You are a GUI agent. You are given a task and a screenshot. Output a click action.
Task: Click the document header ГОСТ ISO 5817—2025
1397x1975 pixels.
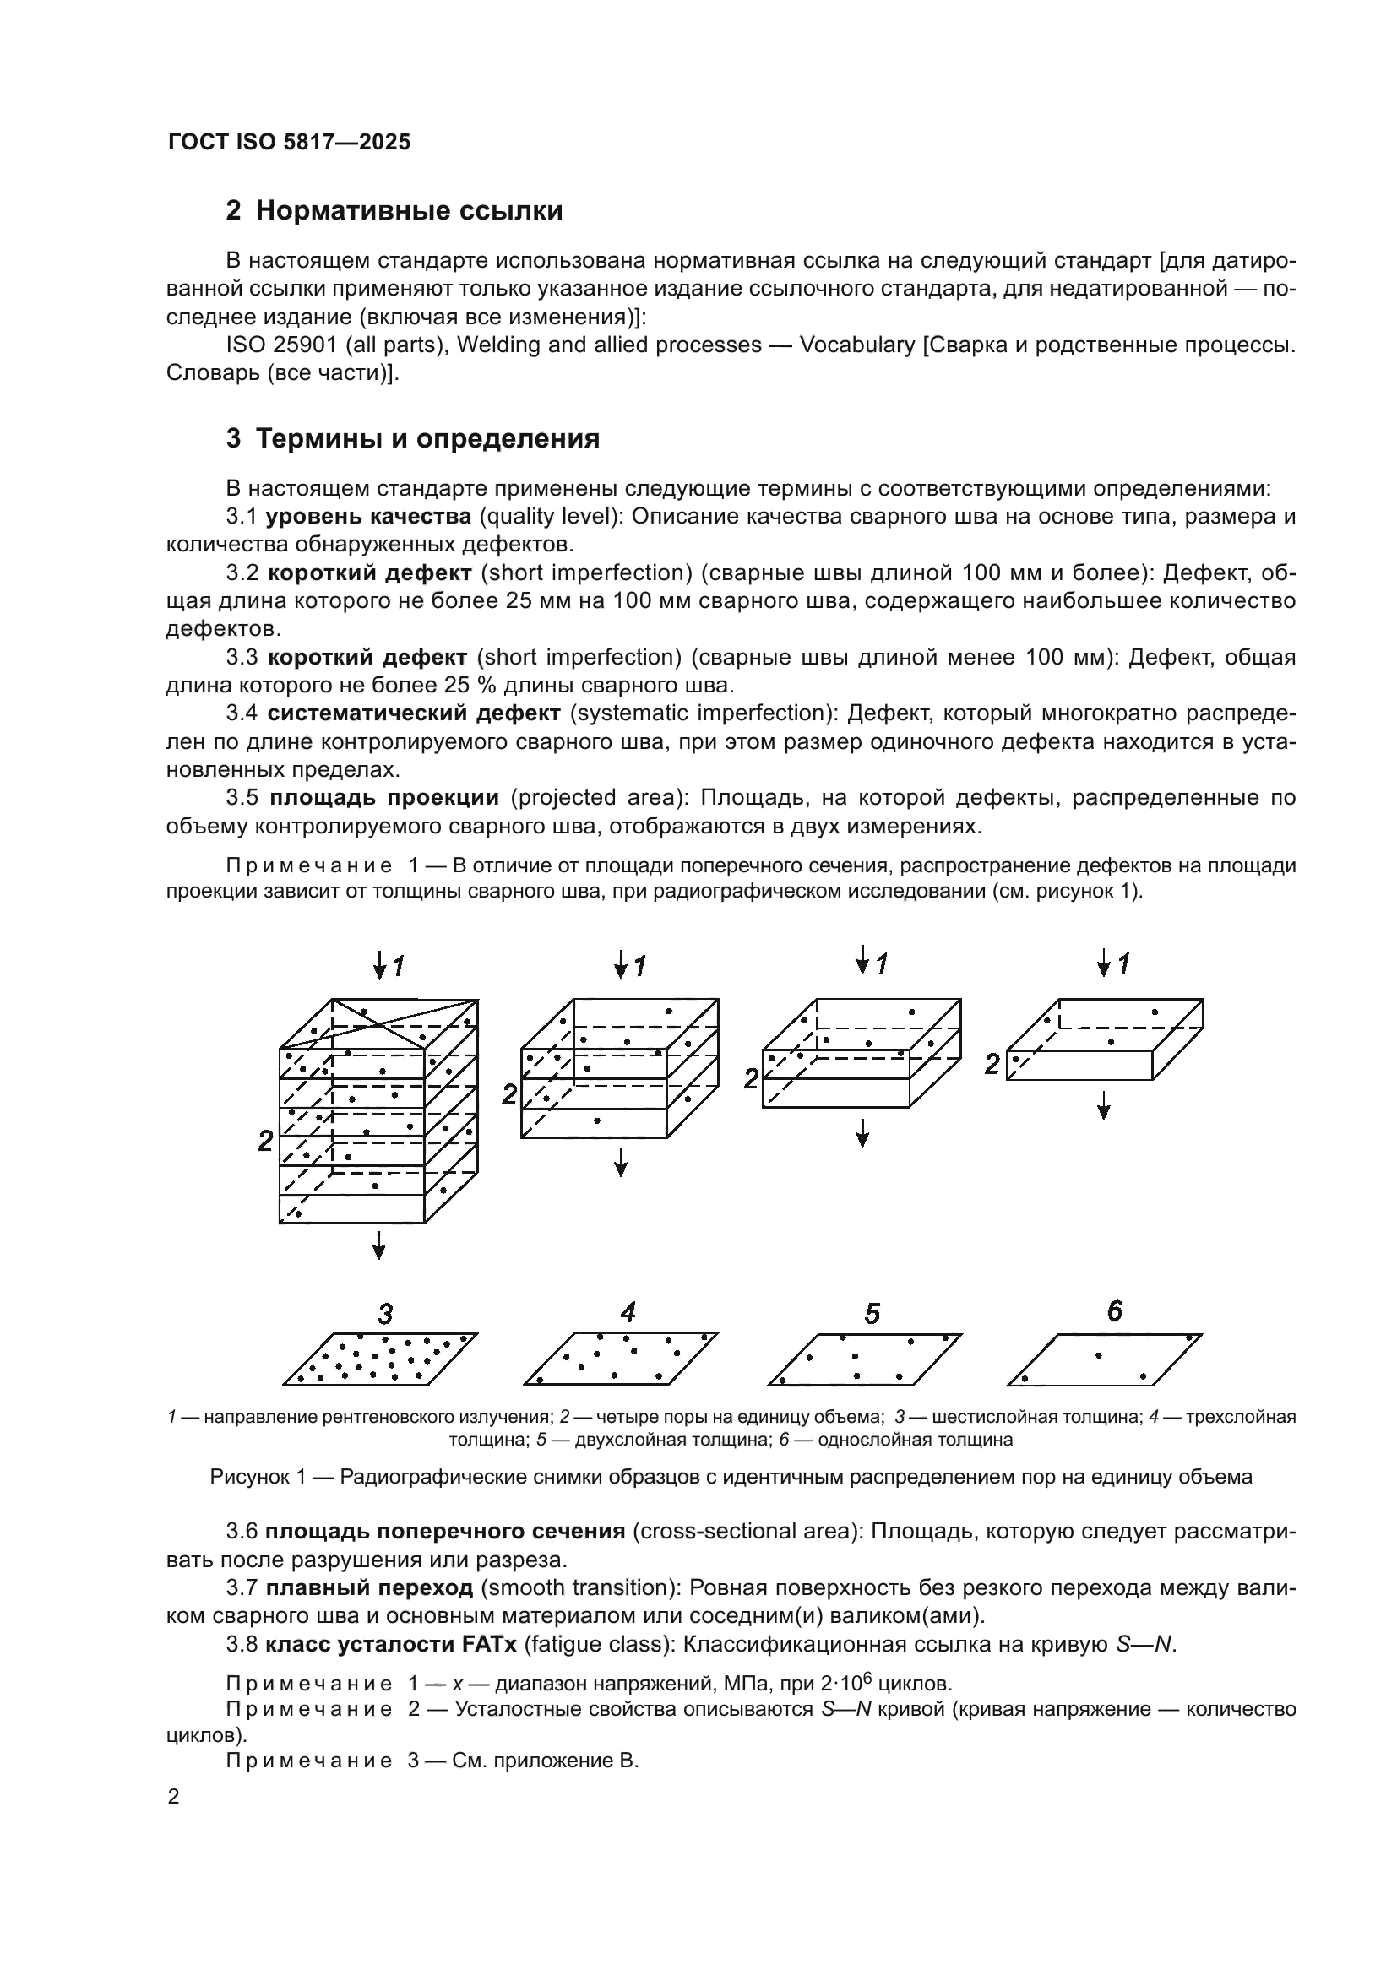coord(289,143)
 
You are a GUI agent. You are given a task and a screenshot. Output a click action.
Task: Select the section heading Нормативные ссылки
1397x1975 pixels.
coord(409,211)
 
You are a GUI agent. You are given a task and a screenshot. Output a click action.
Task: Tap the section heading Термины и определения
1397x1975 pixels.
coord(427,439)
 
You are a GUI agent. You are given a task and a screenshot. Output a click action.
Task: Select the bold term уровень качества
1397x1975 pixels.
coord(368,516)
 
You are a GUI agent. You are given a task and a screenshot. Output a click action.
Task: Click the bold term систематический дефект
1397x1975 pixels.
coord(414,713)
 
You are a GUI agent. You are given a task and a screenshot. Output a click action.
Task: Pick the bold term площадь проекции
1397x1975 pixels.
coord(383,797)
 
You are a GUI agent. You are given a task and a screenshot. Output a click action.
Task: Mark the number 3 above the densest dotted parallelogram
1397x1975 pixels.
coord(385,1314)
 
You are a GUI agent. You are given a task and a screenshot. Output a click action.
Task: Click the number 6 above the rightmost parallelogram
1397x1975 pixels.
coord(1114,1311)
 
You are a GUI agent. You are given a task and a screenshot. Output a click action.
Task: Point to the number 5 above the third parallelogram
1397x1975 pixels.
coord(872,1314)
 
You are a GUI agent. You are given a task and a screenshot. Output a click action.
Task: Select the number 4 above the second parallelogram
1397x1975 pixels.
coord(628,1312)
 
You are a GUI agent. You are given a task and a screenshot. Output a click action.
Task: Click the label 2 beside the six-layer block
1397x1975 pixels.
coord(266,1142)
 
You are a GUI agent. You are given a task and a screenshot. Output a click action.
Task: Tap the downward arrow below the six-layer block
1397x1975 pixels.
coord(379,1244)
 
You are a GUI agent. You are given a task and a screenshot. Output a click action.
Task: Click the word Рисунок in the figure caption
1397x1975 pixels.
coord(249,1477)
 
